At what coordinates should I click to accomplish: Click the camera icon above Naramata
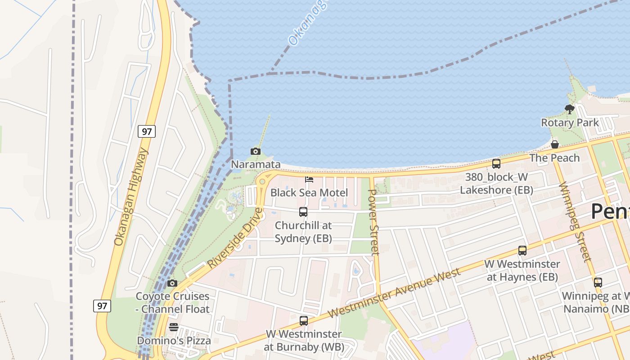click(x=256, y=152)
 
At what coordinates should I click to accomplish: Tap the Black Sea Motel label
click(x=309, y=193)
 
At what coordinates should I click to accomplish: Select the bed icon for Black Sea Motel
click(x=309, y=180)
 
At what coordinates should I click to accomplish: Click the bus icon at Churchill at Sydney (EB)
click(x=303, y=211)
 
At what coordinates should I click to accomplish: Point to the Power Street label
click(x=374, y=222)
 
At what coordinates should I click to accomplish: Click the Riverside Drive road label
click(x=235, y=238)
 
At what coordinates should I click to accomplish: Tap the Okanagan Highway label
click(x=131, y=197)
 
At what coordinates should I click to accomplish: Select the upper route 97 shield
click(x=147, y=131)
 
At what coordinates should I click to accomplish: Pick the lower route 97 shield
click(x=102, y=306)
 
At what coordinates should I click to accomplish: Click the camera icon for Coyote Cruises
click(x=172, y=283)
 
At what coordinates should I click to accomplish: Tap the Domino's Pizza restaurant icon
click(x=174, y=327)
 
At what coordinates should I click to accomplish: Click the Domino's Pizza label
click(x=174, y=340)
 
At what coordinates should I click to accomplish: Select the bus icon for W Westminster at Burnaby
click(x=304, y=321)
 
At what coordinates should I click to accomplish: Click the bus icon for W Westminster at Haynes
click(x=522, y=251)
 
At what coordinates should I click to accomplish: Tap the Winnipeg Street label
click(x=574, y=222)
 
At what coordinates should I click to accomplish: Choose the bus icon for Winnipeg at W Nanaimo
click(x=598, y=283)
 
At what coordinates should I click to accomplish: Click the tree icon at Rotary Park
click(x=570, y=109)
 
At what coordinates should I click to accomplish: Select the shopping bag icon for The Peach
click(x=555, y=144)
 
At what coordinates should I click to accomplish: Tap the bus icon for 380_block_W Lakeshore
click(x=496, y=164)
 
